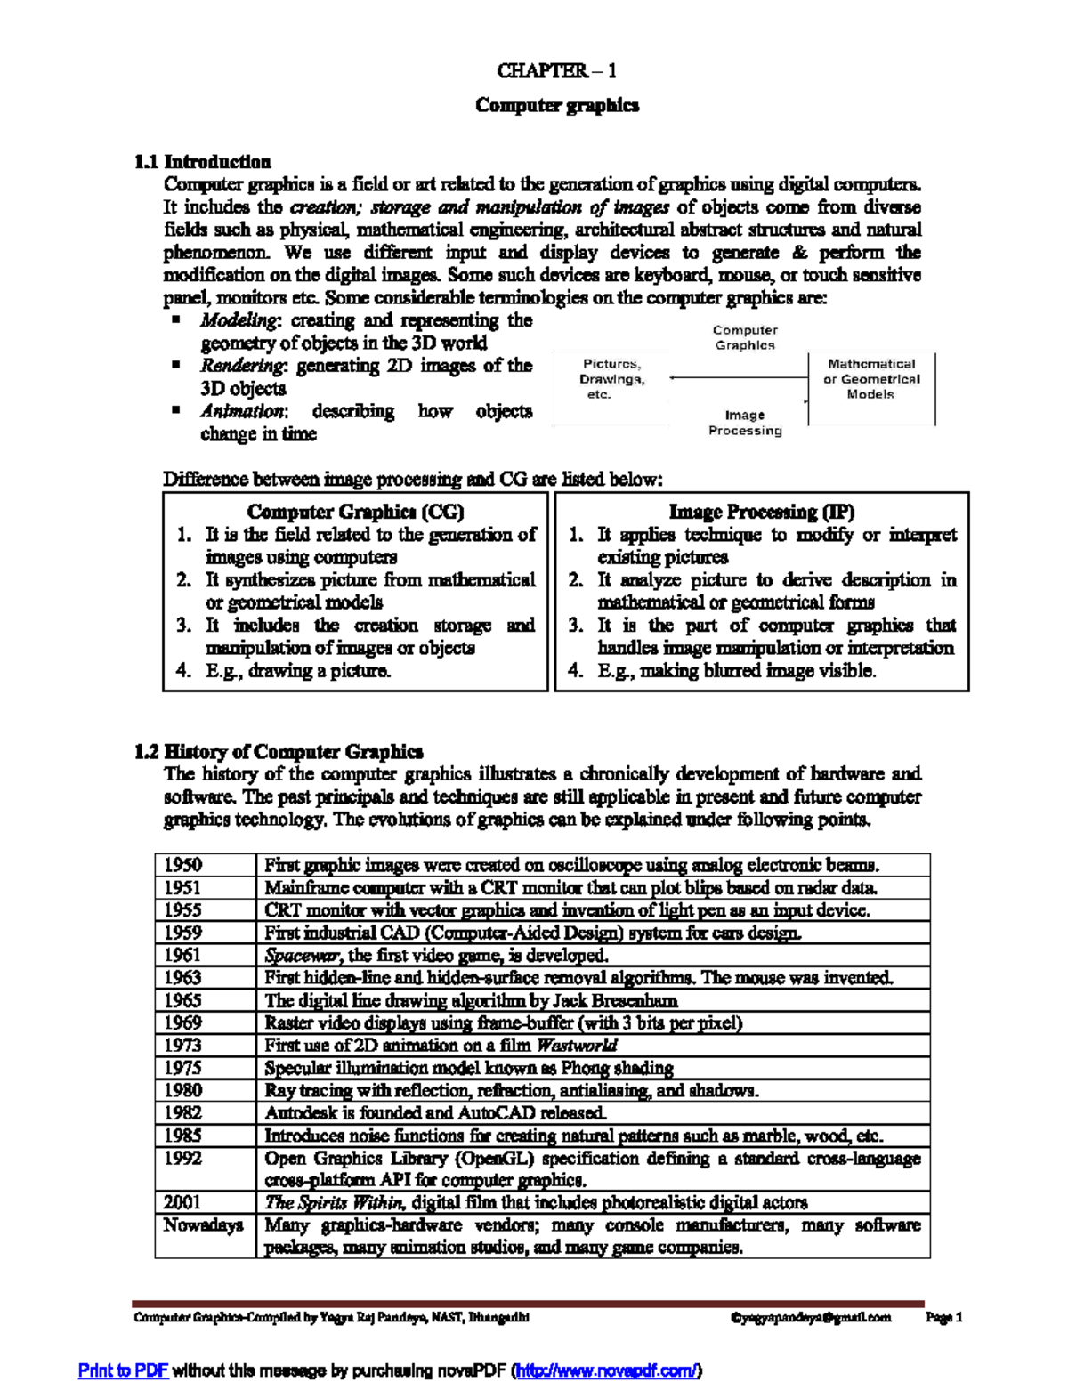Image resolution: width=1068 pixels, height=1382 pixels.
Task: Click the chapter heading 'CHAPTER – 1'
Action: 556,70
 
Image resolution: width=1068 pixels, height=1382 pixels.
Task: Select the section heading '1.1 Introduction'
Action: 203,162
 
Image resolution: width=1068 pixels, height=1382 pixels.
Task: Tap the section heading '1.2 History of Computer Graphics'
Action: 279,752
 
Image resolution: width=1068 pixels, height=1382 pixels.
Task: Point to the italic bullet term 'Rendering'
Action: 243,366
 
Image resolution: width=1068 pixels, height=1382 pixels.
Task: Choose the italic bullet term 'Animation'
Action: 242,411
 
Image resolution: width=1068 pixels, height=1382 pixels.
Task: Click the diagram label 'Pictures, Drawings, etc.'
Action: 611,379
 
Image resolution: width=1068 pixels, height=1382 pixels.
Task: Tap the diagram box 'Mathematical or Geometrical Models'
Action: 870,379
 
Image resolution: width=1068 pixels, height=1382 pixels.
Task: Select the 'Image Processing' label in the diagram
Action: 745,423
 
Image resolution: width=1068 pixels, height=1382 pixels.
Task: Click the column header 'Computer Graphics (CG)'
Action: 355,512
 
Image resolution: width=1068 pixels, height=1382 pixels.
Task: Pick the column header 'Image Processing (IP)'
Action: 761,512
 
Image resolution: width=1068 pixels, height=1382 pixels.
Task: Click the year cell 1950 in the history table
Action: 183,865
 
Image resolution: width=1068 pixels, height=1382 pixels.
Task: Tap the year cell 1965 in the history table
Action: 183,1000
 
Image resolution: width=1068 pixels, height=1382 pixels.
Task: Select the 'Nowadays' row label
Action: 204,1225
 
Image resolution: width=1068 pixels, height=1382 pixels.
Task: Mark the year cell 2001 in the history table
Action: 183,1202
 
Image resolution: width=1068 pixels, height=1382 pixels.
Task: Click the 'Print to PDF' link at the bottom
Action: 124,1370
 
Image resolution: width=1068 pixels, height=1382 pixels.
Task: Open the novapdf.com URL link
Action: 609,1370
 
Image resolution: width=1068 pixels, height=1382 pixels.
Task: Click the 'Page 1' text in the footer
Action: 944,1317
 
